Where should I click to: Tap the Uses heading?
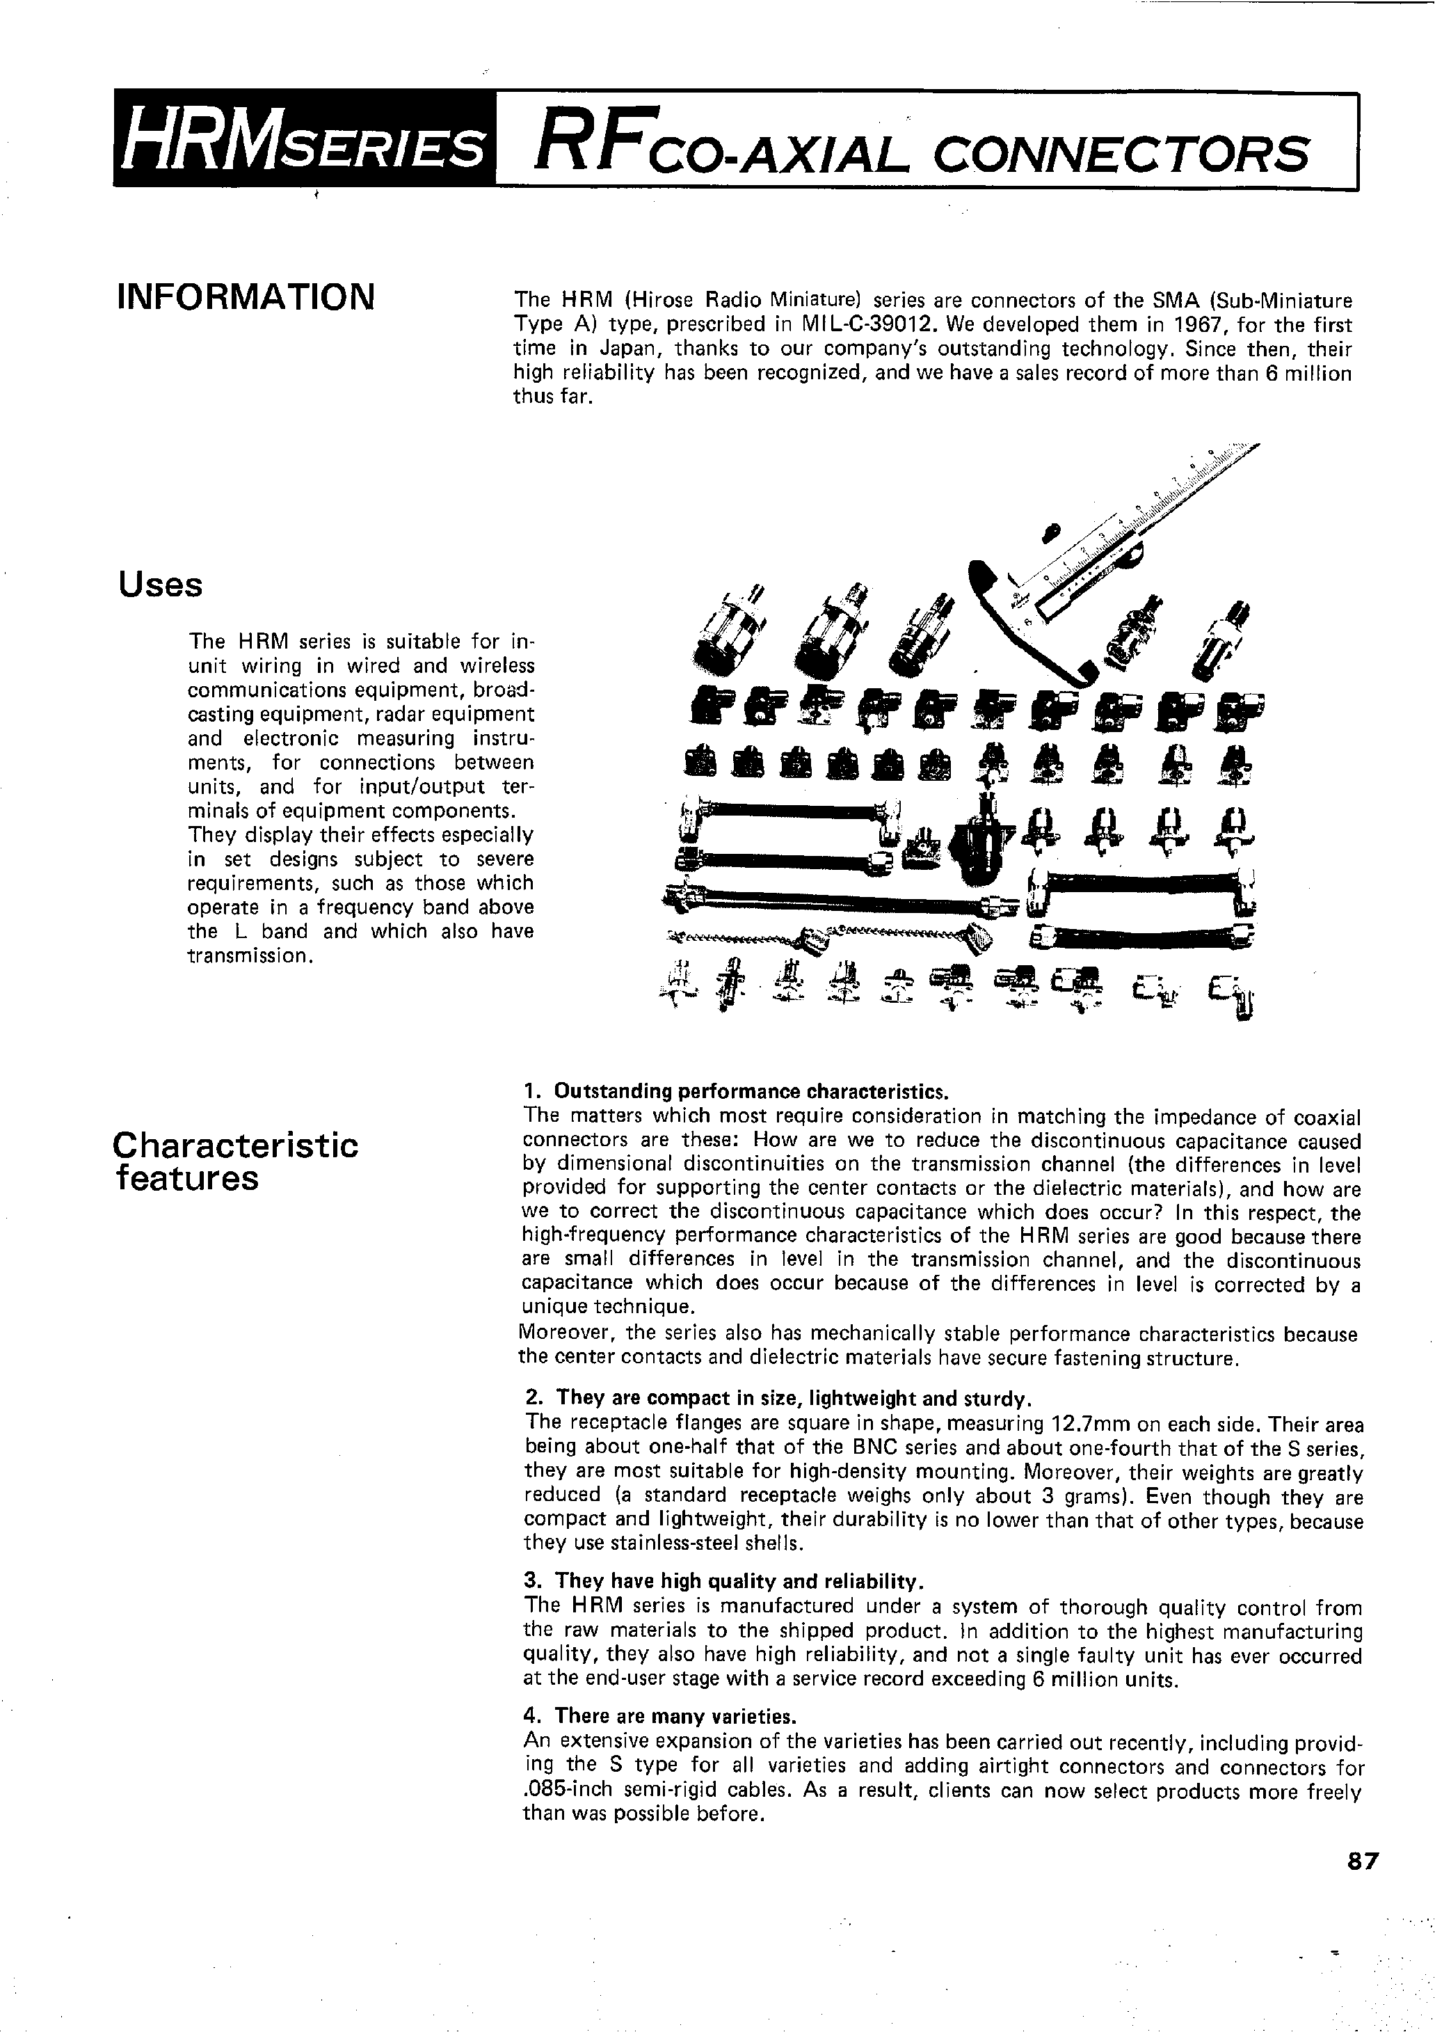tap(160, 584)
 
